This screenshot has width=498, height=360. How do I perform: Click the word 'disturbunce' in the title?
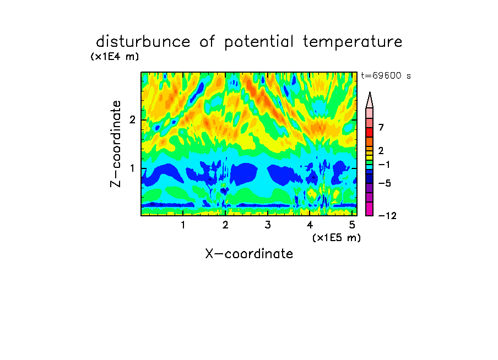[x=143, y=42]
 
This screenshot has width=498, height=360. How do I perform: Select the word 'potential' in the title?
[x=259, y=42]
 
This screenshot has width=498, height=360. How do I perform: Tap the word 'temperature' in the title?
[x=353, y=42]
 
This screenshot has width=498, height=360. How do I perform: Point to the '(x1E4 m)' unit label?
[x=115, y=57]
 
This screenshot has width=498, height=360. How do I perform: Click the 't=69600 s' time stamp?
[x=386, y=75]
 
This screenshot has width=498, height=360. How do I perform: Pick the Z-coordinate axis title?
[x=116, y=144]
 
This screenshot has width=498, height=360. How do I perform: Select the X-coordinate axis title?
[x=249, y=254]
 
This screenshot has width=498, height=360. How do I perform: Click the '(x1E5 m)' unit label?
[x=337, y=238]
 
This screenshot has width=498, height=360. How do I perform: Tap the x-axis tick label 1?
[x=183, y=225]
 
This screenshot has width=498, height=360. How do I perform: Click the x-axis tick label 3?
[x=268, y=225]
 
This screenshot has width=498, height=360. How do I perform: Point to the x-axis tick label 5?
[x=352, y=225]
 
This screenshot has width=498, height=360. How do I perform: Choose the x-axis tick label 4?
[x=310, y=225]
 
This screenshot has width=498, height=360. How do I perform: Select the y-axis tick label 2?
[x=132, y=120]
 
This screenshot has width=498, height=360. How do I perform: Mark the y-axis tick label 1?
[x=132, y=168]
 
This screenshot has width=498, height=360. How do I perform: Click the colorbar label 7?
[x=381, y=127]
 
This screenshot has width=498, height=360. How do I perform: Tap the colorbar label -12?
[x=387, y=216]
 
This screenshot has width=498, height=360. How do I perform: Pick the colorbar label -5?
[x=385, y=183]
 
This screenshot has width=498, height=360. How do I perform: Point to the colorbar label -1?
[x=384, y=165]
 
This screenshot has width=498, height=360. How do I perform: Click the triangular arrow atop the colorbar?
[x=370, y=100]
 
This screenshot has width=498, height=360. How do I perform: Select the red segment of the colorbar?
[x=370, y=132]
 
